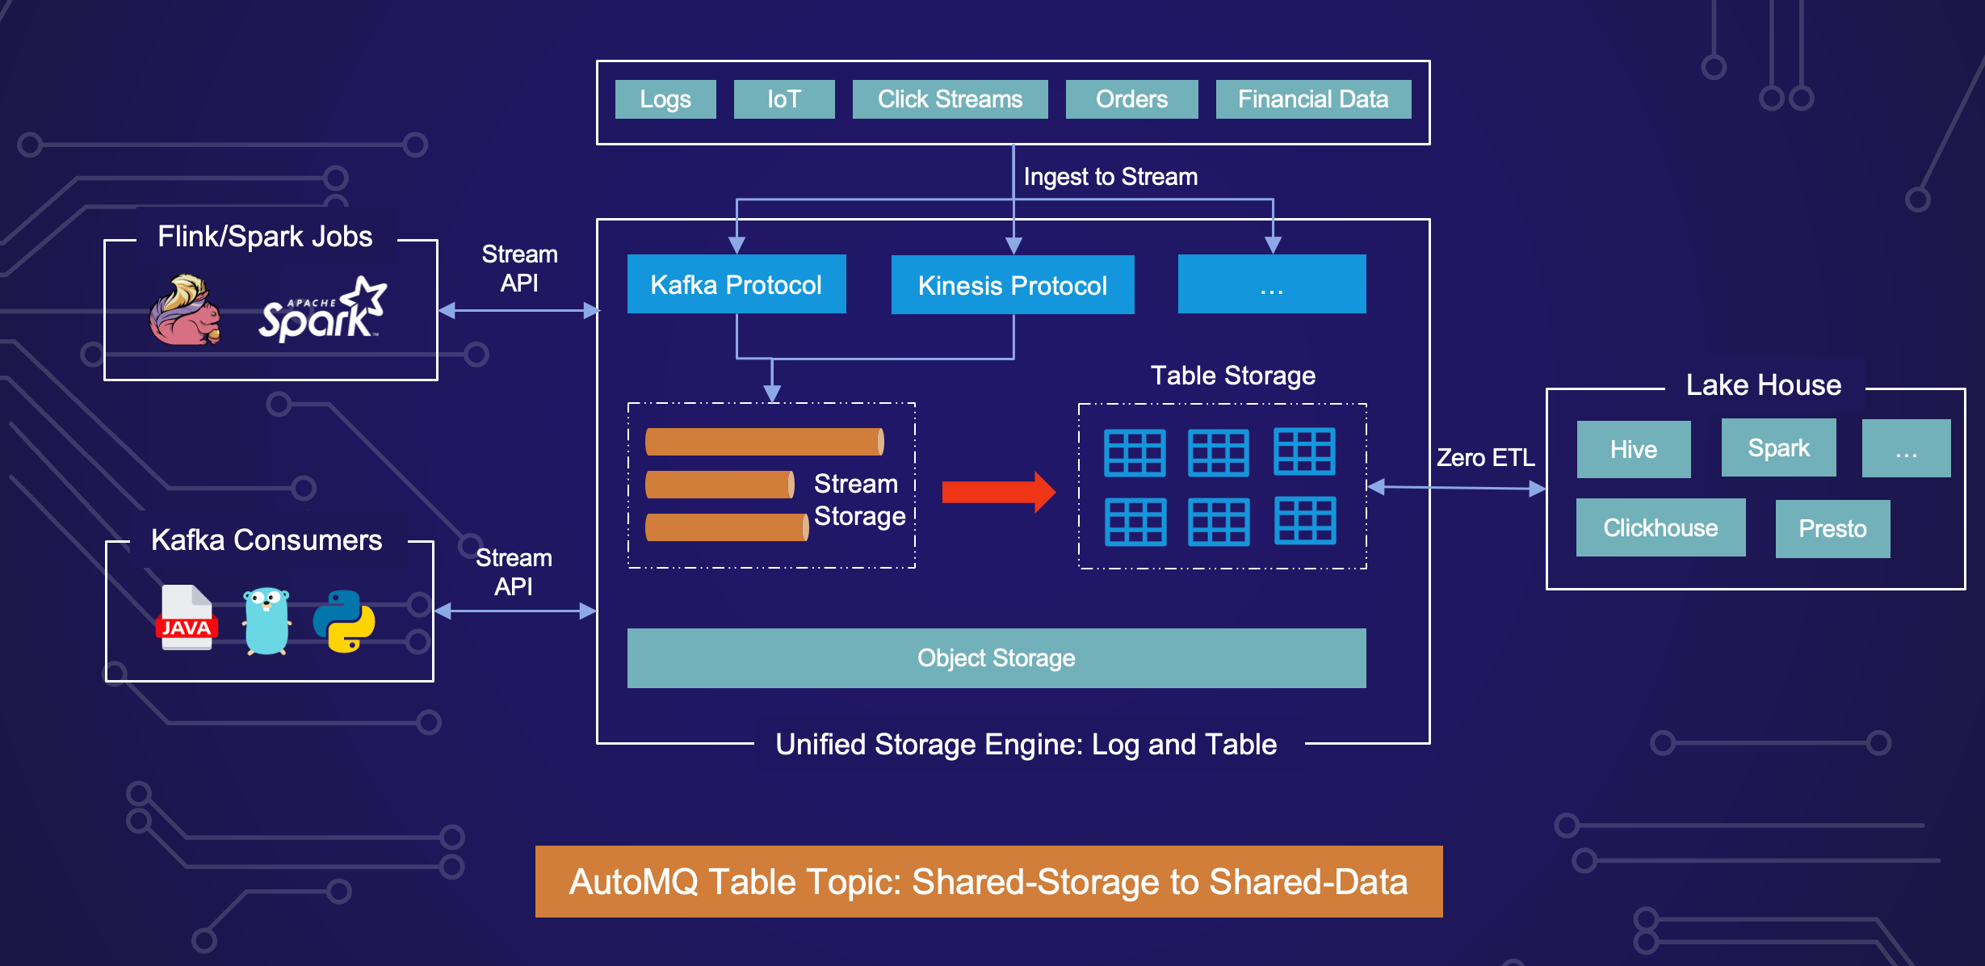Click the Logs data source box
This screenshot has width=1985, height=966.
pos(665,99)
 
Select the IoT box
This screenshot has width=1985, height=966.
pos(783,99)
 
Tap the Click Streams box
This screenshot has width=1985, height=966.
pos(950,99)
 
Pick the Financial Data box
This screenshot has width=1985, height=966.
pos(1313,99)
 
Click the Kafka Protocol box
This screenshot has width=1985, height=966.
pos(737,284)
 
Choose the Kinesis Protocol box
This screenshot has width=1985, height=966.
pos(1013,285)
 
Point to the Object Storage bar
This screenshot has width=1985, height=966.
pos(997,658)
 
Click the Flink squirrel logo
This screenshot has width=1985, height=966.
pos(185,311)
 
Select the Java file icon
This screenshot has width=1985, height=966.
pos(187,619)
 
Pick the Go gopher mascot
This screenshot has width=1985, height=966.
pos(266,620)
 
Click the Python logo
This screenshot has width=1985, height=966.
pos(344,620)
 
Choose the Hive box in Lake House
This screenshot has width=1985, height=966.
pos(1633,449)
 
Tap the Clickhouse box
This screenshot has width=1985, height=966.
pos(1660,528)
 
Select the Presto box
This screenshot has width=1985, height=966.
pos(1832,529)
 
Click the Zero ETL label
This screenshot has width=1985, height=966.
pos(1486,458)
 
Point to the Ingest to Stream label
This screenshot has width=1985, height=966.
pos(1110,177)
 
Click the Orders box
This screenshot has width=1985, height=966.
pos(1131,99)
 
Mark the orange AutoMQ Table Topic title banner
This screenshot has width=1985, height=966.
pos(988,881)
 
